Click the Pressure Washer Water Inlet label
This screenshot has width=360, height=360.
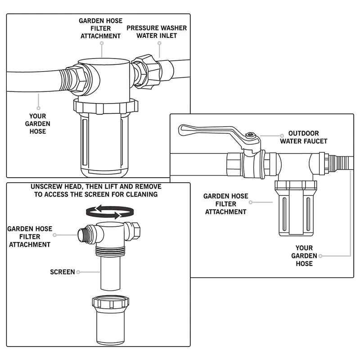click(157, 32)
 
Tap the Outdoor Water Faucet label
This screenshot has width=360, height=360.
click(303, 137)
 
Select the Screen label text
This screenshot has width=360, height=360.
click(63, 272)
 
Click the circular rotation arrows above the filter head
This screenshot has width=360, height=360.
click(110, 211)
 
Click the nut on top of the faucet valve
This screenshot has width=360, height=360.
click(251, 135)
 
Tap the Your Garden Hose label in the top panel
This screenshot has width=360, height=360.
click(38, 124)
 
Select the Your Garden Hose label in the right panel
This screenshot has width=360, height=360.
click(304, 256)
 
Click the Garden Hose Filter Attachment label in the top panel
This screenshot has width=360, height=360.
click(100, 28)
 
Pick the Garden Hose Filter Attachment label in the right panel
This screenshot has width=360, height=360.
click(226, 204)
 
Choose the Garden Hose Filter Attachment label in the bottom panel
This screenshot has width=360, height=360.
click(30, 237)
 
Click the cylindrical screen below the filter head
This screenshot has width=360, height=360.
click(110, 273)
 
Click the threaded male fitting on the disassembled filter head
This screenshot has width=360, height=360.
click(83, 234)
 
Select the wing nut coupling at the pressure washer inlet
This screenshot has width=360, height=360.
click(147, 72)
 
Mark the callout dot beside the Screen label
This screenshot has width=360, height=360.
click(78, 272)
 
